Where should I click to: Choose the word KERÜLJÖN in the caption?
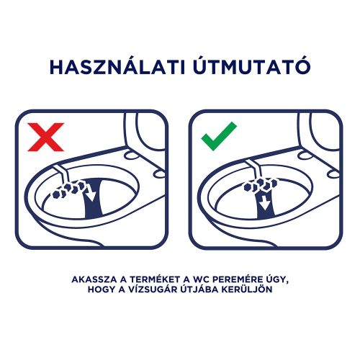[x=259, y=290]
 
